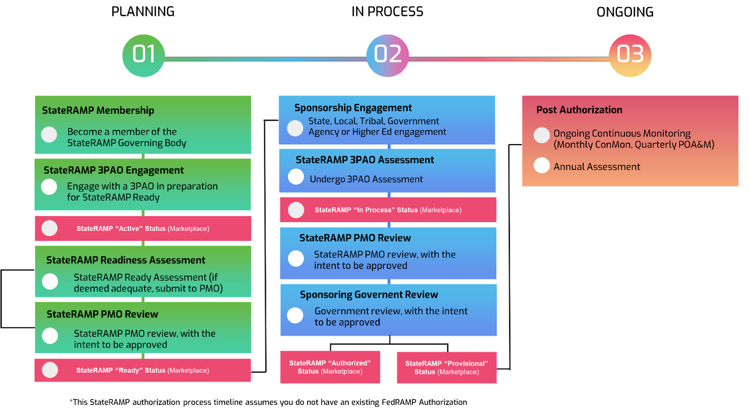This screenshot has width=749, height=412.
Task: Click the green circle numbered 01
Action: coord(143,55)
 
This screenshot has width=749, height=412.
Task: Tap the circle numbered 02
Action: coord(388,55)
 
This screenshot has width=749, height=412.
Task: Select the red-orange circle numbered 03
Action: coord(630,55)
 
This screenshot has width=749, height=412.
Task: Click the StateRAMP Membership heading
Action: coord(98,110)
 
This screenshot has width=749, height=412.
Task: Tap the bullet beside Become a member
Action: coord(49,135)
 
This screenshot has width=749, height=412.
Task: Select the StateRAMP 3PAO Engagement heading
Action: coord(113,170)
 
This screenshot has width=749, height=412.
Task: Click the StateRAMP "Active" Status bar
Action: coord(143,229)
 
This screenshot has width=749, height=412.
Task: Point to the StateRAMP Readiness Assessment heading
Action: coord(125,260)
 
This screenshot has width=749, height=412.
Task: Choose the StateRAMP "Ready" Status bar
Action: coord(142,370)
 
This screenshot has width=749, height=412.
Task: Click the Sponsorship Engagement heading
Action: coord(353,108)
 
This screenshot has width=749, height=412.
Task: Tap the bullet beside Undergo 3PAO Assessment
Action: coord(296,177)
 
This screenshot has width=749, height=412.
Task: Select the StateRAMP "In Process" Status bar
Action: coord(388,210)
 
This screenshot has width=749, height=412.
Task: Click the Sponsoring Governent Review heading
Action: coord(369,295)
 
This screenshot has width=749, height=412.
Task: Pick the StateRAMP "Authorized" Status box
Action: coord(330,367)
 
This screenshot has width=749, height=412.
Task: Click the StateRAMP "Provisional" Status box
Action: coord(447,368)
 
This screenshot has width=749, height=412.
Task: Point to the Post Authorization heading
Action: coord(579,110)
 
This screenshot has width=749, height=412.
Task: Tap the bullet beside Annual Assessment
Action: coord(542,165)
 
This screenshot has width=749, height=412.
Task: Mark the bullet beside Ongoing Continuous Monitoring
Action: coord(542,135)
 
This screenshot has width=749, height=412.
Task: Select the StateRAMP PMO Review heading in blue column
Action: coord(355,238)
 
